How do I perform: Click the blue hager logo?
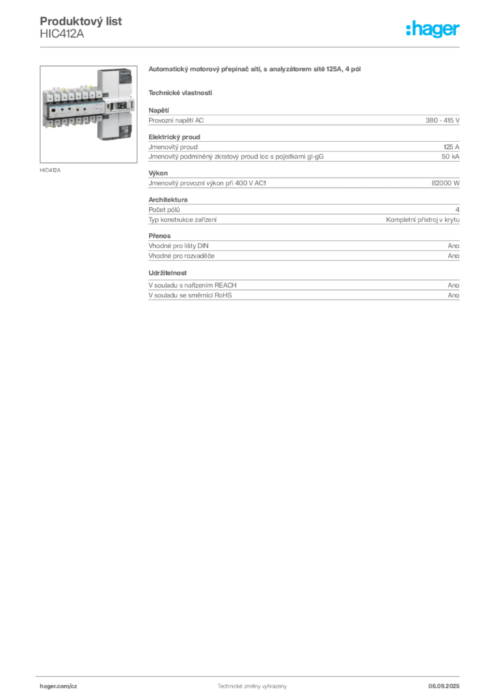point(433,29)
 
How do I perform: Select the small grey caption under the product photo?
point(51,170)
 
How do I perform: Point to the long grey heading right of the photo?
point(257,71)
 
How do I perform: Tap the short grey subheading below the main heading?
point(180,92)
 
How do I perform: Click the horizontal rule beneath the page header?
point(251,46)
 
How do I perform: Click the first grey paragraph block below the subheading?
point(303,119)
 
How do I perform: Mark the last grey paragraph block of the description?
point(303,288)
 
